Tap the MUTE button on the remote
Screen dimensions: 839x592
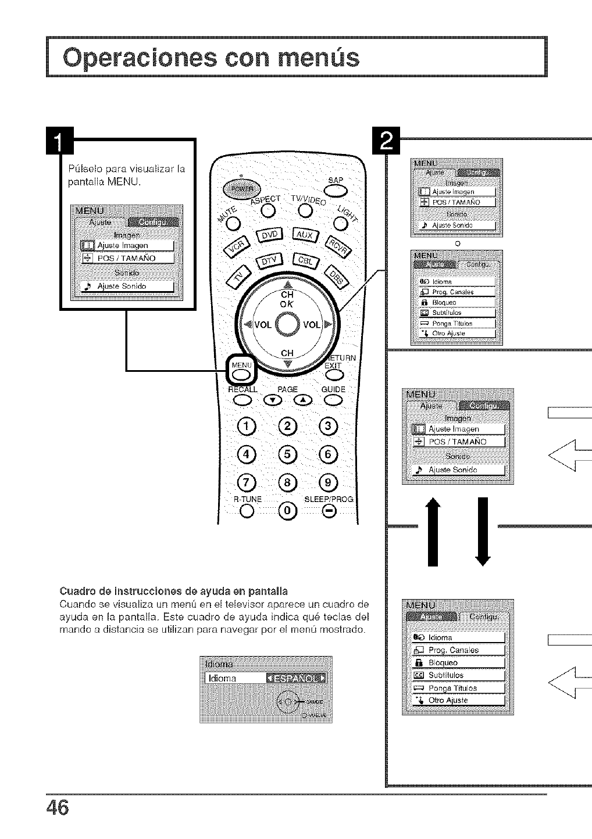coord(233,223)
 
